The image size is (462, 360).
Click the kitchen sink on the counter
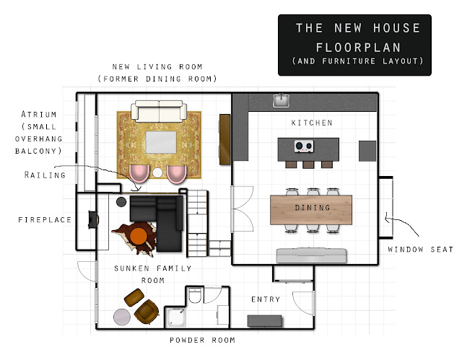pos(281,100)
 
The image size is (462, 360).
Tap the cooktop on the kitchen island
pos(304,146)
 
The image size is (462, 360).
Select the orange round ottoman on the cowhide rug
pos(139,236)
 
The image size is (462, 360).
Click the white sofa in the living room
pos(159,111)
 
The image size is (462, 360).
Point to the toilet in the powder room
pos(194,295)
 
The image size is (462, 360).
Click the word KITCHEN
pos(312,123)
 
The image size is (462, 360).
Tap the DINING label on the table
pos(313,208)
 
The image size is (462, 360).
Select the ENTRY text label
pos(266,299)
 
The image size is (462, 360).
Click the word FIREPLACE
pos(45,219)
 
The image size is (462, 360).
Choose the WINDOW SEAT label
pos(420,250)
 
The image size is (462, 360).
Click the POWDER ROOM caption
pos(202,340)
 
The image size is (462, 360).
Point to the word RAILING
pos(45,175)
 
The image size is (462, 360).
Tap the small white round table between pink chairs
pos(157,172)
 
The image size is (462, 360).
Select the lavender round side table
pos(122,317)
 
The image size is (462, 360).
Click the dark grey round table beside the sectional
pos(121,201)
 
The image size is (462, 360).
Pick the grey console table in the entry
pos(264,321)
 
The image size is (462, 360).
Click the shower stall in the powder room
pos(175,317)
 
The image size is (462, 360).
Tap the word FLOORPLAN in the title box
pos(358,48)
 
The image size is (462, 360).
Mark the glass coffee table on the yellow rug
pos(161,142)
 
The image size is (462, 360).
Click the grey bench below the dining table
pos(311,255)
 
